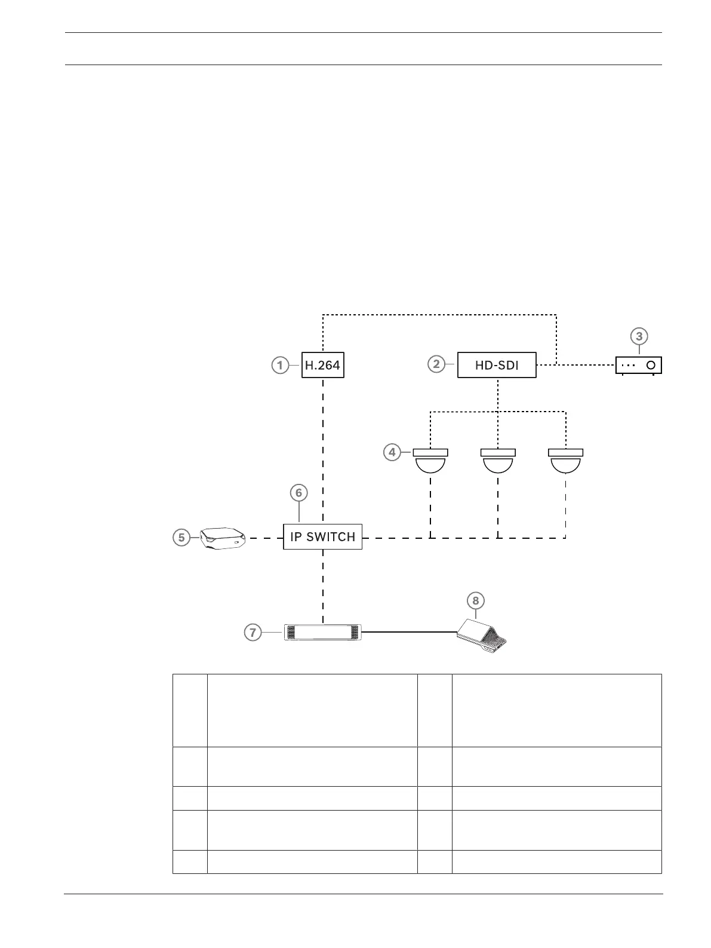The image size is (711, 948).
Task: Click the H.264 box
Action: click(322, 365)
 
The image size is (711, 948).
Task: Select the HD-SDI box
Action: click(497, 365)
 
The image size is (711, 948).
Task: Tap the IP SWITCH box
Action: click(322, 536)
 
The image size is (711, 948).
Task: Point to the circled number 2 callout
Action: click(437, 363)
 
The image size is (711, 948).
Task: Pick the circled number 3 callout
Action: click(639, 336)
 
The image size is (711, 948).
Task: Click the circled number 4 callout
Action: click(392, 453)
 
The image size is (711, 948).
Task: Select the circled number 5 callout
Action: click(181, 538)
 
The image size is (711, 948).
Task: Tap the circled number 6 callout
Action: click(299, 493)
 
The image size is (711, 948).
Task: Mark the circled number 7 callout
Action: click(254, 632)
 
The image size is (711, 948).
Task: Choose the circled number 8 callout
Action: click(476, 601)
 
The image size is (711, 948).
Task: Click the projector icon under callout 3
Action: click(639, 365)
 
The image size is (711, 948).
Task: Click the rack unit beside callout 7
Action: click(322, 633)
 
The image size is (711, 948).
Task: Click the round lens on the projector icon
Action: click(651, 364)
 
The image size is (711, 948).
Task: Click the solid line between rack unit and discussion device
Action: click(409, 632)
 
